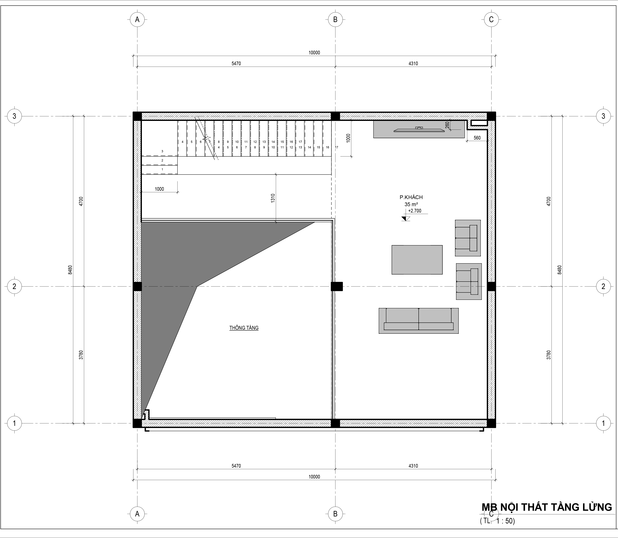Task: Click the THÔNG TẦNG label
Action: click(244, 328)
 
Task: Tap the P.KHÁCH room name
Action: click(411, 197)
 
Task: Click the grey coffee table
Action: click(417, 260)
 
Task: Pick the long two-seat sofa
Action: click(418, 321)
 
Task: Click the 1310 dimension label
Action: click(272, 198)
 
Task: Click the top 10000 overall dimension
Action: click(314, 53)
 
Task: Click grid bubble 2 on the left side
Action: click(14, 286)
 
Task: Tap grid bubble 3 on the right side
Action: click(603, 116)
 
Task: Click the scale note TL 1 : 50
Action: click(497, 521)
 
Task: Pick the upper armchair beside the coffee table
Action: click(468, 238)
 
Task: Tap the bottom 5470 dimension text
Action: click(236, 466)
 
